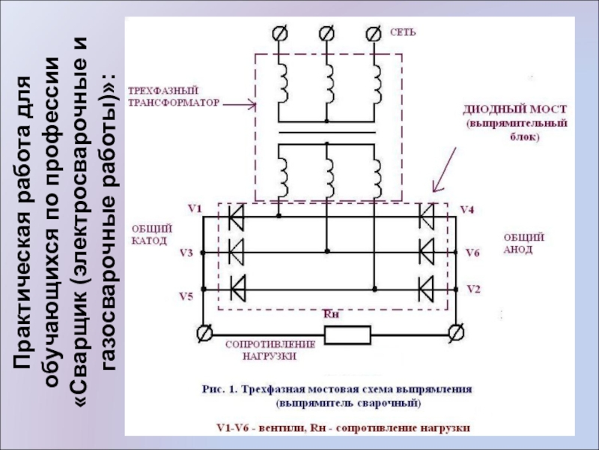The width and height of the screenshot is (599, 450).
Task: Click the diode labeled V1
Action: pyautogui.click(x=236, y=217)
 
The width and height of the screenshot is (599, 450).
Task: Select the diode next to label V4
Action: pyautogui.click(x=427, y=217)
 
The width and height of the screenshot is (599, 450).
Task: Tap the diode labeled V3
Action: pyautogui.click(x=236, y=252)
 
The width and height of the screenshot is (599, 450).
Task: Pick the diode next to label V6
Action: pyautogui.click(x=427, y=252)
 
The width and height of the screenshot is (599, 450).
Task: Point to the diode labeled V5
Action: pyautogui.click(x=238, y=289)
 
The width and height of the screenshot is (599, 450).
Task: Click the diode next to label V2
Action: pyautogui.click(x=427, y=289)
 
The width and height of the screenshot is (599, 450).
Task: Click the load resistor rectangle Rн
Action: pyautogui.click(x=347, y=334)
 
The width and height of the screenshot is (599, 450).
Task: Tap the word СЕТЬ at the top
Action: pyautogui.click(x=403, y=32)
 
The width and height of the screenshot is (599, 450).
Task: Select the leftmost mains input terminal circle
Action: pyautogui.click(x=279, y=34)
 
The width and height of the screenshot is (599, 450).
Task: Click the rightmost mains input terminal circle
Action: pyautogui.click(x=373, y=34)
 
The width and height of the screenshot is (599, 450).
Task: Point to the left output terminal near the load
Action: pyautogui.click(x=204, y=333)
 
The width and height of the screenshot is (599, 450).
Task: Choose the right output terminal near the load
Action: pyautogui.click(x=456, y=332)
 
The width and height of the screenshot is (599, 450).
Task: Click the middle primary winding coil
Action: pyautogui.click(x=329, y=83)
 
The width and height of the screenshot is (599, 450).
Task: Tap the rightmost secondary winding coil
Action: pyautogui.click(x=377, y=178)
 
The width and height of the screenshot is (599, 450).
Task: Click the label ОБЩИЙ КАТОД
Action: pyautogui.click(x=152, y=235)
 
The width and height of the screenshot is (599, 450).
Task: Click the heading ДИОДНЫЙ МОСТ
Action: pyautogui.click(x=515, y=109)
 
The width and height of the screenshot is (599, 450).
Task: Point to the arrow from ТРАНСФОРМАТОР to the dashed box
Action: pyautogui.click(x=239, y=104)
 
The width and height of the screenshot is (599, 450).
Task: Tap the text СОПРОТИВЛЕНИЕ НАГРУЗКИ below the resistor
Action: pyautogui.click(x=270, y=350)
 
